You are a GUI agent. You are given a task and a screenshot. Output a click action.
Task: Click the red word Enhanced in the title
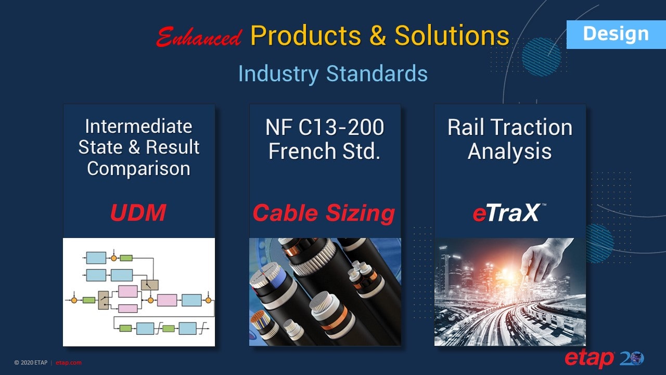(199, 37)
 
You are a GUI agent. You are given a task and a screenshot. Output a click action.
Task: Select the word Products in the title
(305, 36)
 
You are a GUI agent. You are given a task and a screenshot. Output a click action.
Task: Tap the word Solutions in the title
(452, 36)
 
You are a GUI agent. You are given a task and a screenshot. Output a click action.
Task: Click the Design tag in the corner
(616, 34)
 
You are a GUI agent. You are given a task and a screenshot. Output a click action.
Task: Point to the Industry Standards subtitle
(332, 73)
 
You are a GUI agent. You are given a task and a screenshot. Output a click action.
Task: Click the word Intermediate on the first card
(138, 127)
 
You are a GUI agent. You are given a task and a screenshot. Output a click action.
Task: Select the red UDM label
(138, 213)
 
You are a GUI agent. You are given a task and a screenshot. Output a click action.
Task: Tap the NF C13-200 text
(325, 127)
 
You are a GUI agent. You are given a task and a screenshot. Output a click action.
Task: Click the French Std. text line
(325, 151)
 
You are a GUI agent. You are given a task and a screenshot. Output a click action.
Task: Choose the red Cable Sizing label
(324, 213)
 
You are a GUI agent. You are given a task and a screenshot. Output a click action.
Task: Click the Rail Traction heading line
(510, 128)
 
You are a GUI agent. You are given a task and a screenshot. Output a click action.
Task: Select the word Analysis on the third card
(510, 152)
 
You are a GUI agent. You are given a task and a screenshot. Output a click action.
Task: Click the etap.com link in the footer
(69, 363)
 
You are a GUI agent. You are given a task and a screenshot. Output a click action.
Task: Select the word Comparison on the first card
(138, 168)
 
